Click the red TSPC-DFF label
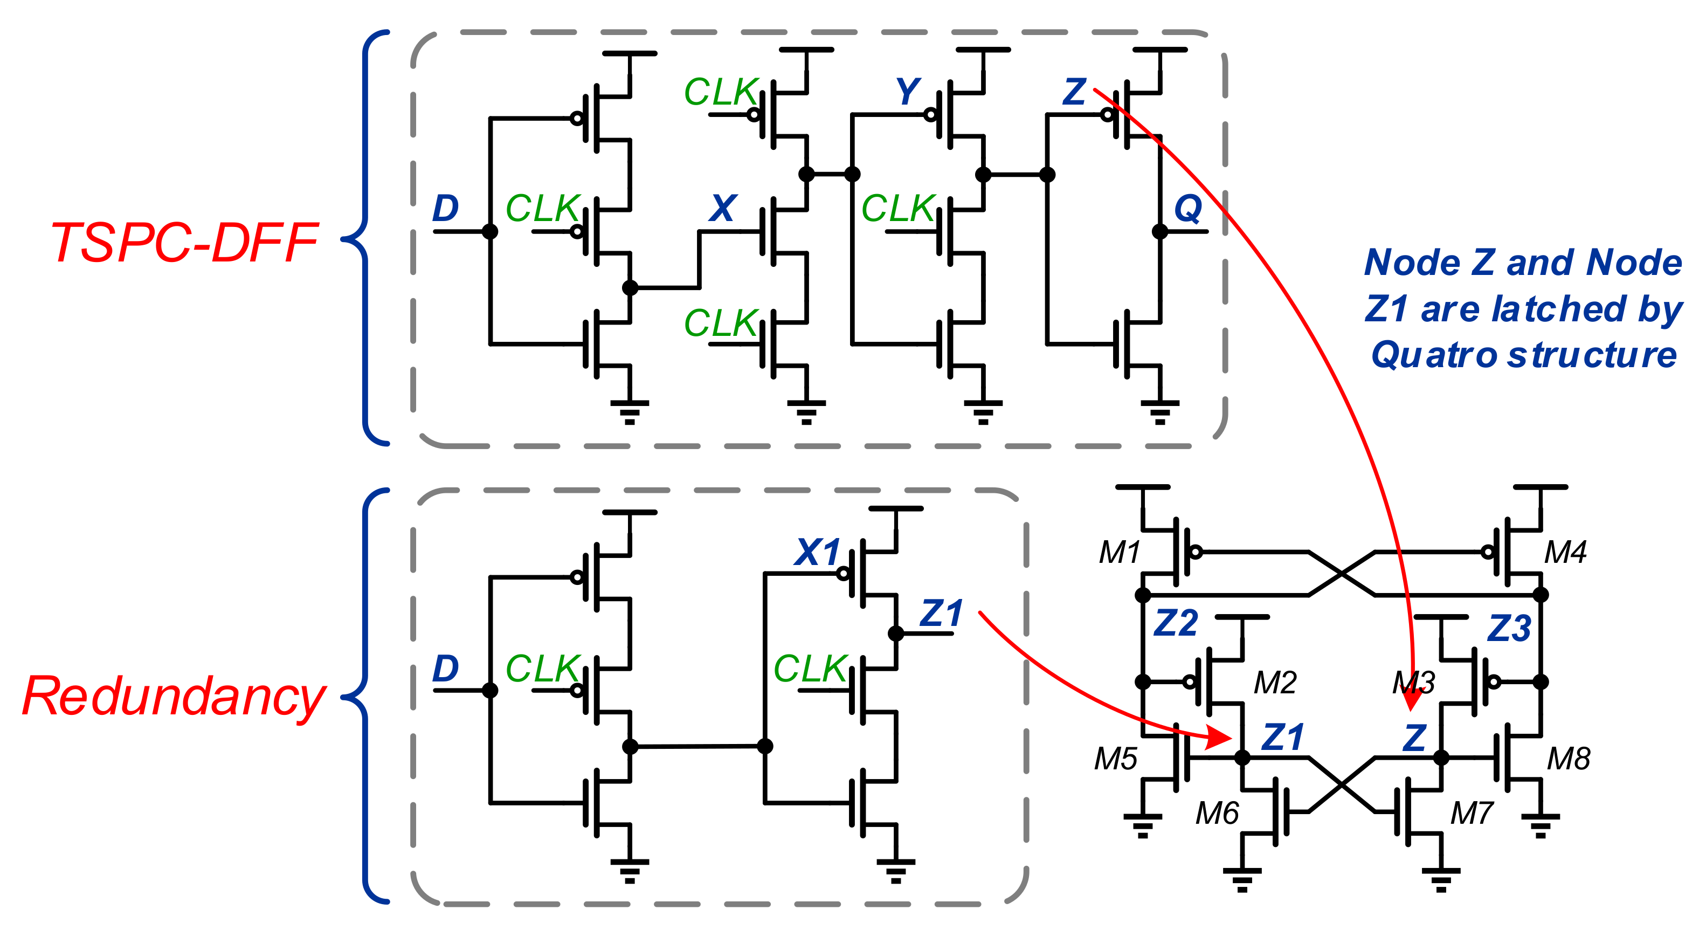184,243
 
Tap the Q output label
1187,209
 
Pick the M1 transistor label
1119,552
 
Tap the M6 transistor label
1217,813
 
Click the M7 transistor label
1472,813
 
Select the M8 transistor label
1568,759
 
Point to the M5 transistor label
1115,759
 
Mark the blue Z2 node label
1176,623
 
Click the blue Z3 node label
1509,628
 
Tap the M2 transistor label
1275,682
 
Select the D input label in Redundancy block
445,669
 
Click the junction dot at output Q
1159,231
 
